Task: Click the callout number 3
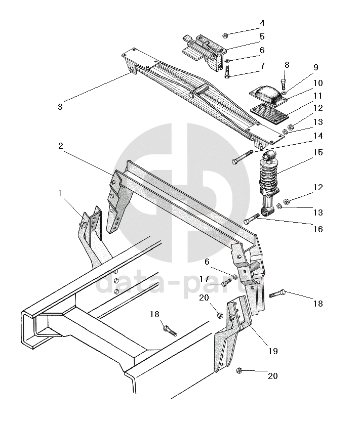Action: [x=60, y=106]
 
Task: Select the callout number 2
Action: [x=61, y=146]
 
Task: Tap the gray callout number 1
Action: [x=60, y=193]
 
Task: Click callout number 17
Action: [x=204, y=279]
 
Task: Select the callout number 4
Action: [x=262, y=23]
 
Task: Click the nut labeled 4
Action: [x=225, y=35]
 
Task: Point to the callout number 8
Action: [x=287, y=65]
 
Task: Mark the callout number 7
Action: [x=262, y=66]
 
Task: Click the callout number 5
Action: [x=262, y=36]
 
